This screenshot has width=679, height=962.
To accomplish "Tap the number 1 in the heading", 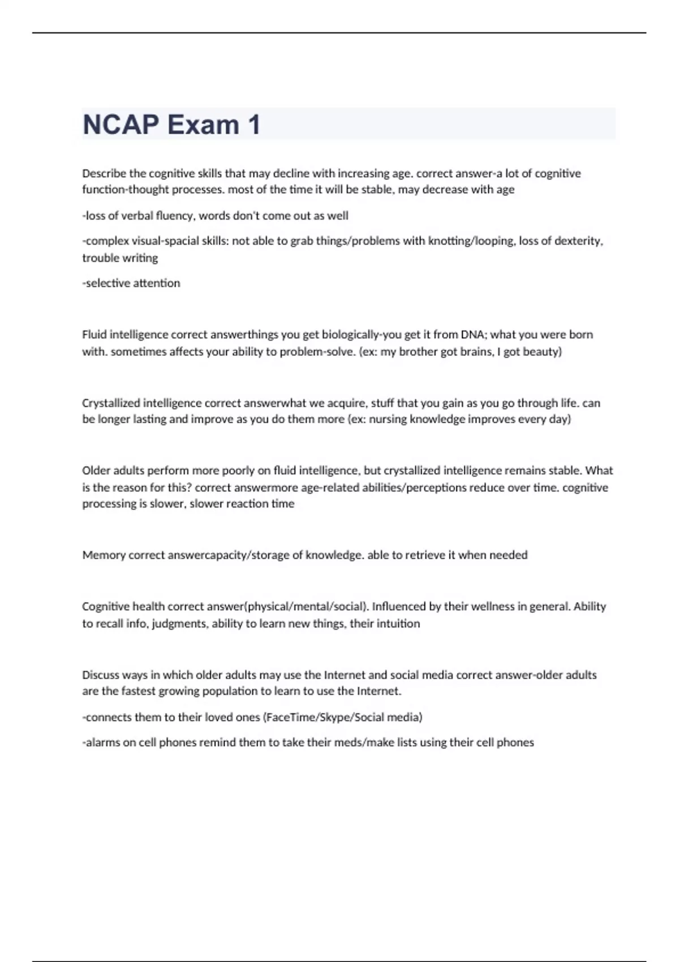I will (253, 124).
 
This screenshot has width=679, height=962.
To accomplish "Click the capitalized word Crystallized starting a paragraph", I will (111, 403).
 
